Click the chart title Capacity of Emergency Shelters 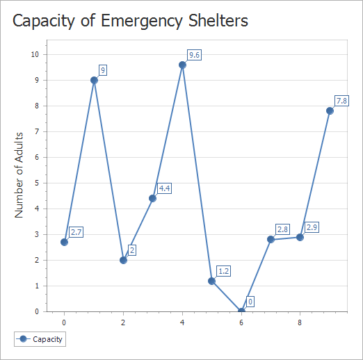[x=130, y=21]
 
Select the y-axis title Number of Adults [x=19, y=174]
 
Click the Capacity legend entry [x=40, y=339]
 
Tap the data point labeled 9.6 [x=182, y=65]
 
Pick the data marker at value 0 [x=241, y=311]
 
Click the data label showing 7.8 [x=341, y=101]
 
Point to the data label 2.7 [x=76, y=232]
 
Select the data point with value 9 [x=94, y=80]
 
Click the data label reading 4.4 [x=165, y=188]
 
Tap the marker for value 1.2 [x=212, y=281]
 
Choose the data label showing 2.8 [x=282, y=229]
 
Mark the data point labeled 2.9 [x=300, y=237]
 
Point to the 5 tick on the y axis [x=38, y=183]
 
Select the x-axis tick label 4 [x=182, y=322]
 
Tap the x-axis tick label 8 [x=300, y=322]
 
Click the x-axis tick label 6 [x=241, y=322]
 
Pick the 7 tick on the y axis [x=38, y=131]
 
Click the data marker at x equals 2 [x=123, y=260]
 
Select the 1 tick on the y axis [x=38, y=286]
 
